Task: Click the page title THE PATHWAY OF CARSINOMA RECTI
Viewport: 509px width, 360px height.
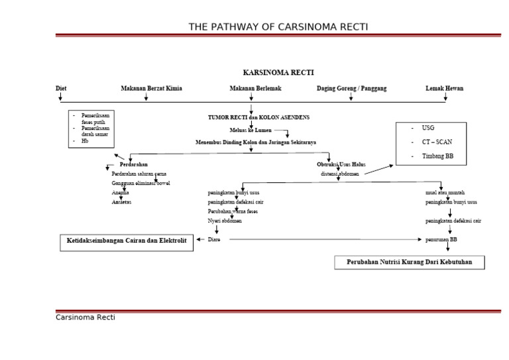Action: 278,27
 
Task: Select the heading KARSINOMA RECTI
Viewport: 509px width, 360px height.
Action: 278,72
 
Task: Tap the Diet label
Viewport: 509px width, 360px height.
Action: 61,88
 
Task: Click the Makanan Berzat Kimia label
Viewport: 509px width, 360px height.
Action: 151,88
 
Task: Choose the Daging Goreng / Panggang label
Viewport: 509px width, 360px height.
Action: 351,88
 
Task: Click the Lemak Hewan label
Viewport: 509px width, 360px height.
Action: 444,88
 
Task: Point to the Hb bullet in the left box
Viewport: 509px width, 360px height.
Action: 84,141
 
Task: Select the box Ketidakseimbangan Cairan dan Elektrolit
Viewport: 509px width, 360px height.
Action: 127,242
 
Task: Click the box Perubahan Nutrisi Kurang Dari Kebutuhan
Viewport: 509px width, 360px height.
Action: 409,263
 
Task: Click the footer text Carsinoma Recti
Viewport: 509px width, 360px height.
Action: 85,318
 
